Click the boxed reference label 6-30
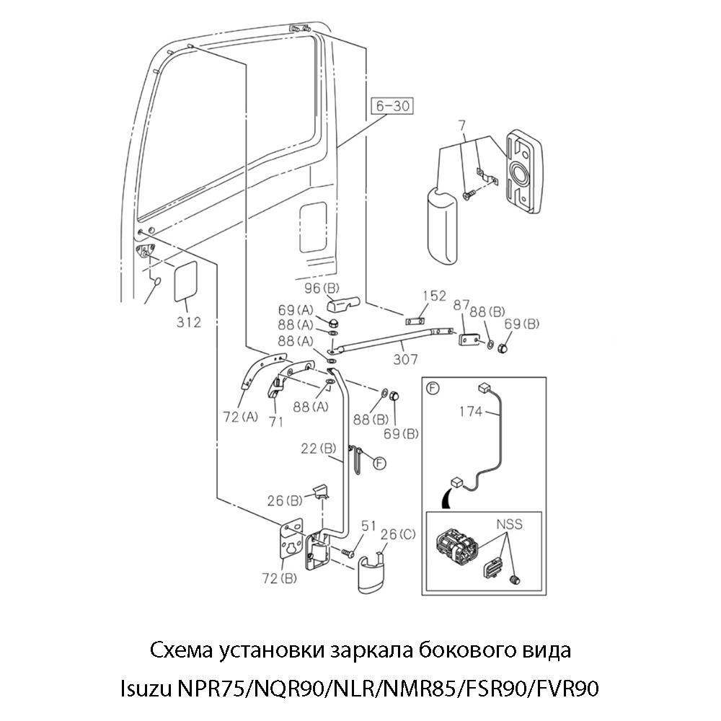pyautogui.click(x=392, y=106)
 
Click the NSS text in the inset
pyautogui.click(x=509, y=525)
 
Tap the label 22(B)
pyautogui.click(x=317, y=448)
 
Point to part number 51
pyautogui.click(x=368, y=527)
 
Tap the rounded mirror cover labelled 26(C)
pyautogui.click(x=374, y=572)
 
